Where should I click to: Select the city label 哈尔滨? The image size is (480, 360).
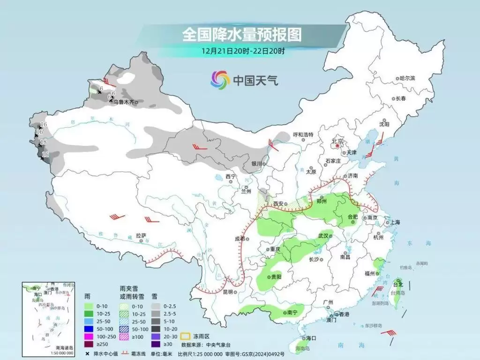point(406,78)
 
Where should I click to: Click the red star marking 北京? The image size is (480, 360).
point(337,146)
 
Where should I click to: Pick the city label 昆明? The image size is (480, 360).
point(228,292)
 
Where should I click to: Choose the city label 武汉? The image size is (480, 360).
point(324,236)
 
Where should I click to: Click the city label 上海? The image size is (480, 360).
point(395,222)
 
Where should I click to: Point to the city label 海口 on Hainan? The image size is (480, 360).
point(311,337)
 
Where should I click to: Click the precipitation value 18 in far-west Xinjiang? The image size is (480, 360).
point(43,142)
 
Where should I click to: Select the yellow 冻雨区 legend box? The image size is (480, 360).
point(186,336)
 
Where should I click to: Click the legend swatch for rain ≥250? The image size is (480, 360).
point(88,345)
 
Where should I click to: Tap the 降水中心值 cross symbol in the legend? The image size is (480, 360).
point(87,353)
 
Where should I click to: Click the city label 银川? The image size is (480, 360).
point(256,164)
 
